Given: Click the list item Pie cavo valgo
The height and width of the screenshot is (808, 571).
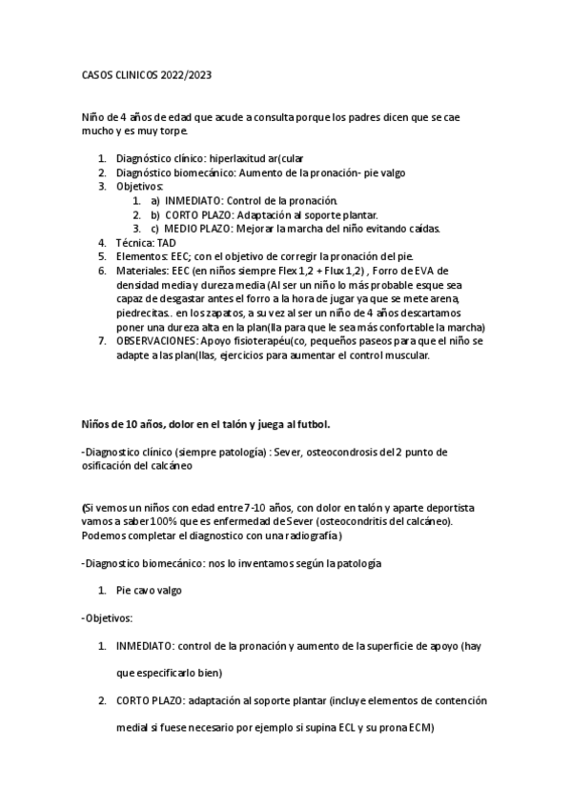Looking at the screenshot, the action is pos(149,591).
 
